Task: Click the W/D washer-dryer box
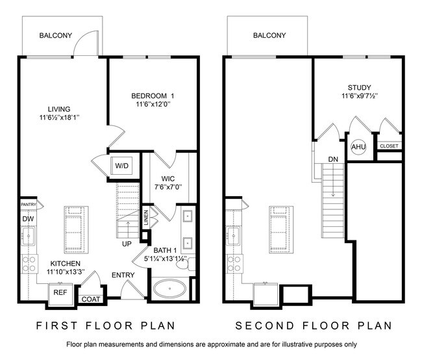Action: pyautogui.click(x=121, y=166)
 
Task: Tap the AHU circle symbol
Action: pyautogui.click(x=358, y=147)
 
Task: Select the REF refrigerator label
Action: pyautogui.click(x=60, y=292)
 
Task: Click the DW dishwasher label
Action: pyautogui.click(x=28, y=219)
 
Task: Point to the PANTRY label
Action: pyautogui.click(x=29, y=205)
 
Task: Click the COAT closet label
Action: pyautogui.click(x=91, y=299)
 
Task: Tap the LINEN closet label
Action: pyautogui.click(x=146, y=218)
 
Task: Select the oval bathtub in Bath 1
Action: pyautogui.click(x=169, y=289)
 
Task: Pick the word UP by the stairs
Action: pyautogui.click(x=127, y=244)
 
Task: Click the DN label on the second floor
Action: pyautogui.click(x=333, y=159)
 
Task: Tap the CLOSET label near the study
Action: pyautogui.click(x=389, y=146)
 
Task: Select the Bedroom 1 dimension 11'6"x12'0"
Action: pyautogui.click(x=153, y=104)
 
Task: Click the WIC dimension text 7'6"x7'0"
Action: pyautogui.click(x=168, y=186)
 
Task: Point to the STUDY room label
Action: pyautogui.click(x=359, y=88)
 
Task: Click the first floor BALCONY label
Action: pyautogui.click(x=56, y=35)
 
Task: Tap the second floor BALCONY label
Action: pyautogui.click(x=269, y=35)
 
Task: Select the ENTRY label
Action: pyautogui.click(x=123, y=275)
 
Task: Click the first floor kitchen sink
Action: pyautogui.click(x=28, y=236)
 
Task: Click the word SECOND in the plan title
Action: pyautogui.click(x=264, y=326)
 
